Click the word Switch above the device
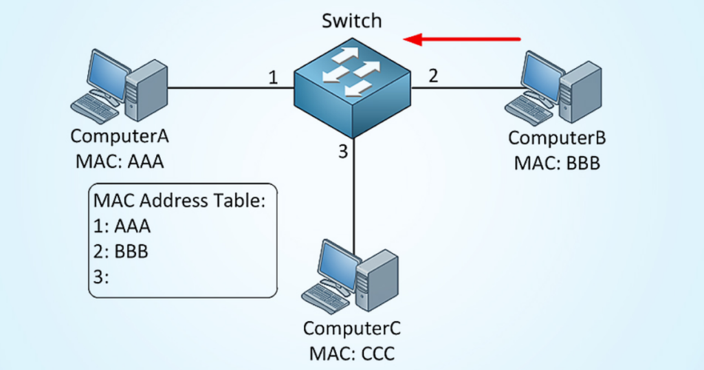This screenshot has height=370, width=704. pos(351,21)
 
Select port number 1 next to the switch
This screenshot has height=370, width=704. pos(273,78)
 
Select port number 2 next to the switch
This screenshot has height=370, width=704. pos(433,76)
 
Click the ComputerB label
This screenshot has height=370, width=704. pos(557,138)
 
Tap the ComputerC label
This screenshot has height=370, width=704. pos(352,328)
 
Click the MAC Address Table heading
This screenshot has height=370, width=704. pos(179,201)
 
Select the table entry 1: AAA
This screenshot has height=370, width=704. pos(122,226)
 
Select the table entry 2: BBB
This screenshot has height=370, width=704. pos(121,250)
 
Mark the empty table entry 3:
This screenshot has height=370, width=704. pos(102,276)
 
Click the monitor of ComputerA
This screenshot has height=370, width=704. pos(103,73)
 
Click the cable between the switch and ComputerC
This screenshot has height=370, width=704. pos(353,199)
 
